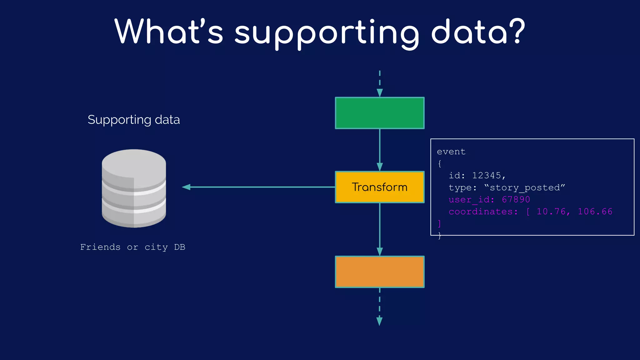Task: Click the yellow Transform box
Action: (x=380, y=187)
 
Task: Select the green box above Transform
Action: (x=380, y=113)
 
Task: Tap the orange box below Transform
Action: (x=380, y=272)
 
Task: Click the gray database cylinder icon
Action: (x=134, y=188)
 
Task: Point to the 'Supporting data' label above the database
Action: (x=134, y=120)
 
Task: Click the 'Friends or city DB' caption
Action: (x=133, y=247)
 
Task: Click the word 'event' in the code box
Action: (x=451, y=152)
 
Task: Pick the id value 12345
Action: (x=486, y=176)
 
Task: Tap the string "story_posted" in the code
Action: (x=525, y=187)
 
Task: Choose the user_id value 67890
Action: (x=516, y=199)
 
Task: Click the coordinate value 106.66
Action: (x=595, y=212)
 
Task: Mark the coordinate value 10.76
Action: (x=551, y=212)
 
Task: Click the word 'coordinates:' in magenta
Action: (x=483, y=212)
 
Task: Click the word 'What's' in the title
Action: (x=169, y=31)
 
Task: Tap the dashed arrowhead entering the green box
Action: (x=380, y=93)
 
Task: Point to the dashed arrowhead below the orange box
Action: (x=379, y=321)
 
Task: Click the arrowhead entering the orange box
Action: (x=380, y=252)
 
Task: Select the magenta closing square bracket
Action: (x=439, y=223)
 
